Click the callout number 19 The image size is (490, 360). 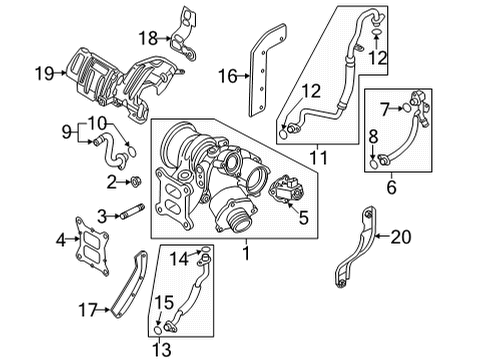[44, 73]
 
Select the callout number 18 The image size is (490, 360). [148, 38]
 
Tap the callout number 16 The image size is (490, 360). [228, 76]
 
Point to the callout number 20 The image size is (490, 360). [401, 237]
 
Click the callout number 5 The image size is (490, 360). [303, 218]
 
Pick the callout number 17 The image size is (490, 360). [88, 310]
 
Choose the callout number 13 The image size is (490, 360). [162, 350]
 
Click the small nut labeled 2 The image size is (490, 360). [135, 182]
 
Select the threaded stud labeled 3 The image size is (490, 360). [132, 212]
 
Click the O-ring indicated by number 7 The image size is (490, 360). [406, 108]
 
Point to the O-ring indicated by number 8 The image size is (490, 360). [374, 164]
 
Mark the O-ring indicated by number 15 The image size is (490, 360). [157, 330]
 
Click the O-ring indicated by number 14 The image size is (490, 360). [205, 249]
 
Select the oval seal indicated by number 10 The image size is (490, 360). [132, 152]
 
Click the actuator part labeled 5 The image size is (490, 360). [286, 188]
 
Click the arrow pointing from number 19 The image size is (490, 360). [61, 73]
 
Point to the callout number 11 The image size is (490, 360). [319, 158]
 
